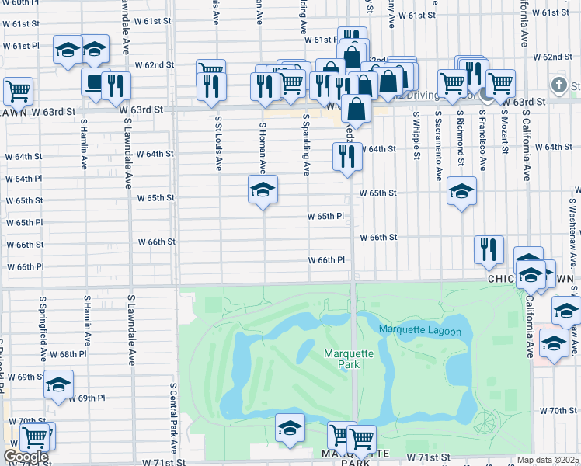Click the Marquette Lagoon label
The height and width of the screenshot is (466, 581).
pos(420,331)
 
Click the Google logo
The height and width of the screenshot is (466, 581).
pos(25,457)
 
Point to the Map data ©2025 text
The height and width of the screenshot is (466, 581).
pos(548,460)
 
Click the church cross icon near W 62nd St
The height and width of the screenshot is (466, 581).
pos(558,85)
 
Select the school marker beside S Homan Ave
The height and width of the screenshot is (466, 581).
pos(263,190)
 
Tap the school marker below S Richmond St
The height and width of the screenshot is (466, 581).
pos(461,191)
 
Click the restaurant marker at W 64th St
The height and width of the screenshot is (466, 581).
pos(347,156)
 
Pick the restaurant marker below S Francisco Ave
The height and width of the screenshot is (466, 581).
pos(489,249)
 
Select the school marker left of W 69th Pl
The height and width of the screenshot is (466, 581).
pos(58,384)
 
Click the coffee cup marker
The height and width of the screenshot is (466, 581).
pos(96,82)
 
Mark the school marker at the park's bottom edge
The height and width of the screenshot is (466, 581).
pos(290,428)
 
